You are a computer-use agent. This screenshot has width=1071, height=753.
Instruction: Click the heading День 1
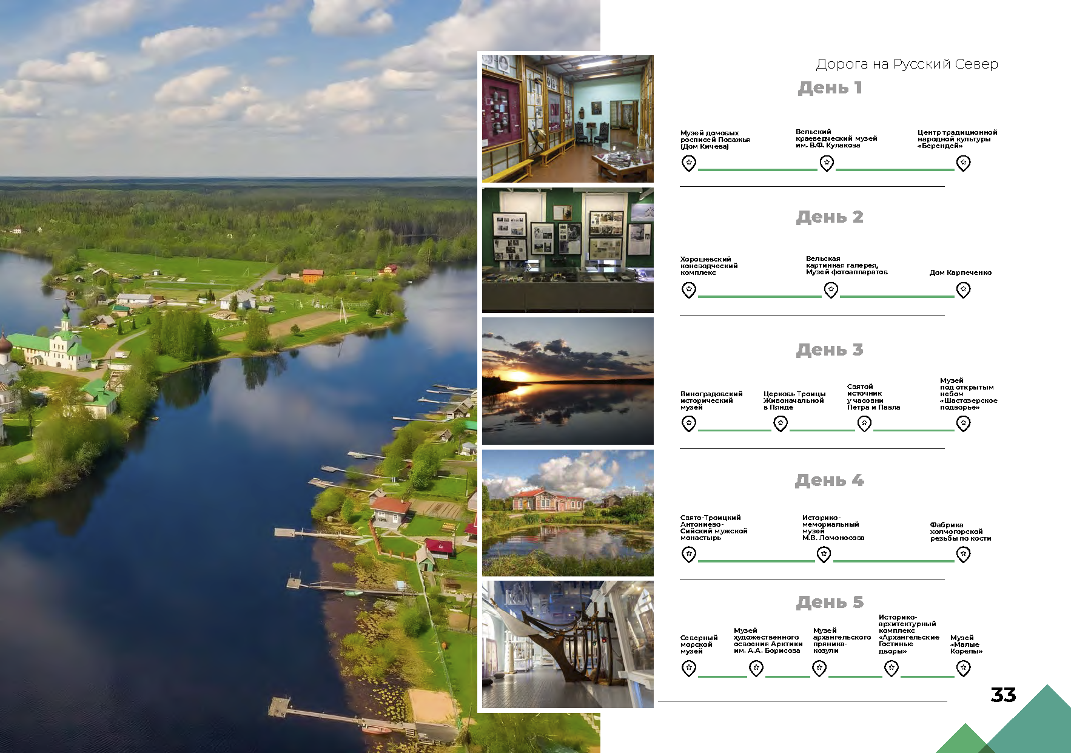[x=830, y=88]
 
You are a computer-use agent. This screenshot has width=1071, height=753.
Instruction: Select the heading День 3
[x=830, y=350]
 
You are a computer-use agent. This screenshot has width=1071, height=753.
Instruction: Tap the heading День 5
[x=830, y=603]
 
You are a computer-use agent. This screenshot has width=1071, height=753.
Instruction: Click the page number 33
[x=1003, y=695]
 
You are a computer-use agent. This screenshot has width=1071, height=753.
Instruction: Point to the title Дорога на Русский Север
[x=907, y=64]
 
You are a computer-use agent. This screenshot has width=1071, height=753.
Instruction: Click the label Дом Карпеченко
[x=961, y=272]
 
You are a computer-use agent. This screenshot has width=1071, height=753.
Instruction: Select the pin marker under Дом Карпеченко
[x=963, y=290]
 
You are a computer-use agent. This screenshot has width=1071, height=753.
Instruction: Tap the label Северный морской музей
[x=699, y=644]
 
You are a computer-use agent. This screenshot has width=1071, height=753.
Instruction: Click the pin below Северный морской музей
[x=689, y=669]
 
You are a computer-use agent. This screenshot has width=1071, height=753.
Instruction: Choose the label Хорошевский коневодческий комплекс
[x=709, y=266]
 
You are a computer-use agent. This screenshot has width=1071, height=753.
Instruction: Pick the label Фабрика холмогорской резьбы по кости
[x=961, y=532]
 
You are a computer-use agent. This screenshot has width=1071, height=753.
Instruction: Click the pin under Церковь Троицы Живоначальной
[x=781, y=424]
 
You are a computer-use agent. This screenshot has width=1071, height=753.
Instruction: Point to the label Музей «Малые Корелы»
[x=966, y=644]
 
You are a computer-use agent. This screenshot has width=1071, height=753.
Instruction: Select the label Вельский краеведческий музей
[x=836, y=138]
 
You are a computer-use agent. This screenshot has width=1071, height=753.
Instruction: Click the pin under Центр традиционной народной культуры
[x=963, y=163]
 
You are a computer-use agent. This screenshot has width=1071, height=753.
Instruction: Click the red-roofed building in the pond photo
[x=548, y=501]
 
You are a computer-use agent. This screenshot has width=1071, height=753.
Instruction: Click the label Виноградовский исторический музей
[x=711, y=400]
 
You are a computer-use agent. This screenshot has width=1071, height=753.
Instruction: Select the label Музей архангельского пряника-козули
[x=842, y=641]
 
